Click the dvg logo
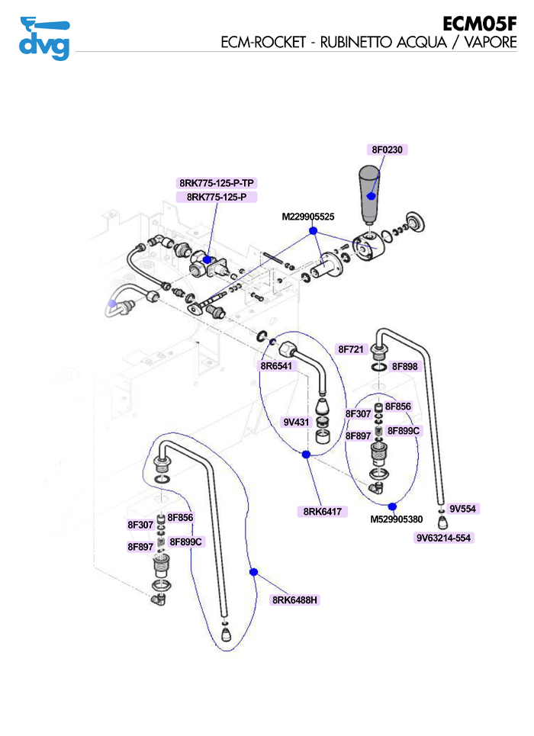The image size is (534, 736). pyautogui.click(x=43, y=38)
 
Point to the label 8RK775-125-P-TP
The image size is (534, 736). pyautogui.click(x=217, y=183)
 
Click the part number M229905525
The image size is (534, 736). pyautogui.click(x=308, y=217)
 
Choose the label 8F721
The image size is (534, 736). pyautogui.click(x=350, y=349)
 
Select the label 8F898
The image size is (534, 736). pyautogui.click(x=405, y=367)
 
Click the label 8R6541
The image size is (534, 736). pyautogui.click(x=276, y=366)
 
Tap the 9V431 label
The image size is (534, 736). pyautogui.click(x=296, y=422)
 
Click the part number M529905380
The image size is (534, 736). pyautogui.click(x=397, y=519)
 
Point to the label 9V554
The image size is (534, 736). pyautogui.click(x=462, y=509)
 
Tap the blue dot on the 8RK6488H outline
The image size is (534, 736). pyautogui.click(x=254, y=571)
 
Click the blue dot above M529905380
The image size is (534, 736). pyautogui.click(x=392, y=506)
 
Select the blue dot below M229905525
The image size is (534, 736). pyautogui.click(x=312, y=230)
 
